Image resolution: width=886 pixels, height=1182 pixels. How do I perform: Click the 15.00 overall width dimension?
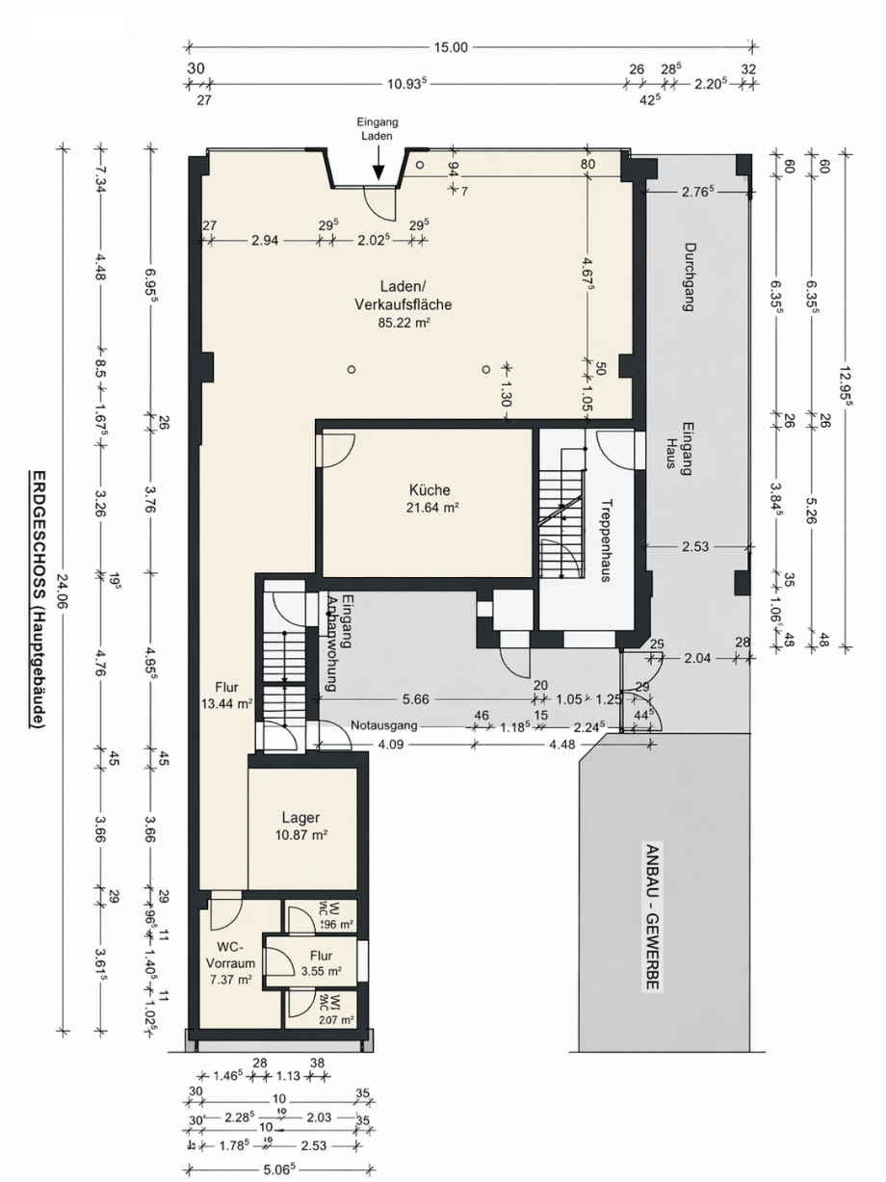451,47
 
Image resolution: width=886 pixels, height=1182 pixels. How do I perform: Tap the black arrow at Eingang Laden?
378,170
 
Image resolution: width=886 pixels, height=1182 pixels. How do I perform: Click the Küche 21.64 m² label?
429,498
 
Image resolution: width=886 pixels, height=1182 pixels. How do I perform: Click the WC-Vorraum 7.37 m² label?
230,962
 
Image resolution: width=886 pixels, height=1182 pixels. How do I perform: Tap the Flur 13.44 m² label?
229,696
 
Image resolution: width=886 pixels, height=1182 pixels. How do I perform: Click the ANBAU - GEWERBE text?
653,916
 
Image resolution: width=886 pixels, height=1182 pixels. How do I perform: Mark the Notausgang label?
383,725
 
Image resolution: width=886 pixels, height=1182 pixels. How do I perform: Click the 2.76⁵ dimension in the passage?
695,192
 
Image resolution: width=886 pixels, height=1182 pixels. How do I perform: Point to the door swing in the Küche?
336,450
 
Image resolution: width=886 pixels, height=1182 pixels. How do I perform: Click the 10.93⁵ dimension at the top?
407,84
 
